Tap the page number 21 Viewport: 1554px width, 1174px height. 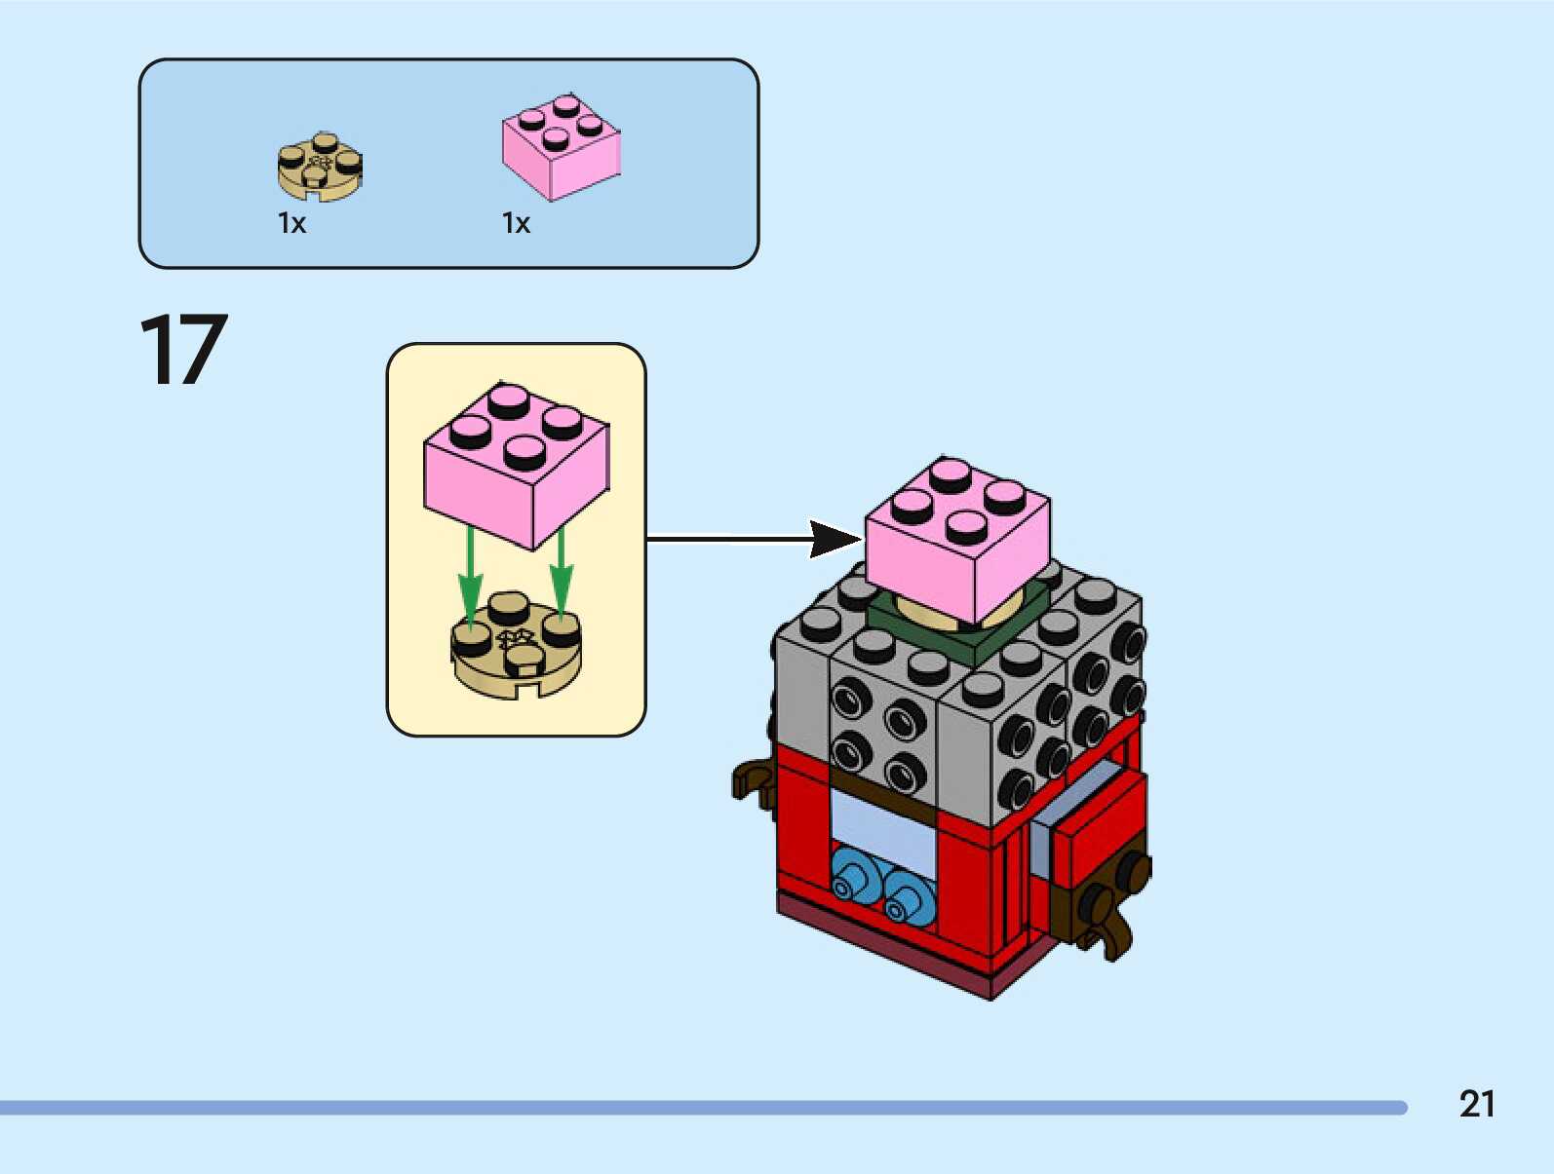pyautogui.click(x=1476, y=1104)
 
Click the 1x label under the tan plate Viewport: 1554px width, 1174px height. pyautogui.click(x=291, y=224)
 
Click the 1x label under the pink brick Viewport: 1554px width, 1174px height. pyautogui.click(x=516, y=224)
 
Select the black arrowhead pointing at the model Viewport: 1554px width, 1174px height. pyautogui.click(x=834, y=539)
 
